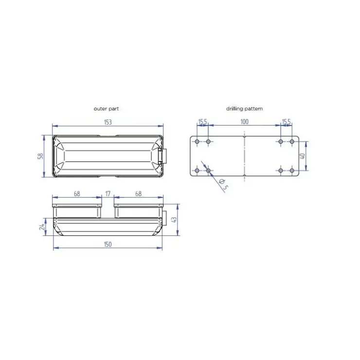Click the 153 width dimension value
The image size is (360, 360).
108,122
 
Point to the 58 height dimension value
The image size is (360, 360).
40,156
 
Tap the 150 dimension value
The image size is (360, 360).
108,244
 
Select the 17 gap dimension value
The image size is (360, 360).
108,194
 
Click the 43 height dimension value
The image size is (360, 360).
174,220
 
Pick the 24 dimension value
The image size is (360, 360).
42,227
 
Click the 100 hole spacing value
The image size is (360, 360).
245,122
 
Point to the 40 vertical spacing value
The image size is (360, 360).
303,156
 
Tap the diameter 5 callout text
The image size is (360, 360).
223,184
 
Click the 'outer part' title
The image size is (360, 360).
107,108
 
